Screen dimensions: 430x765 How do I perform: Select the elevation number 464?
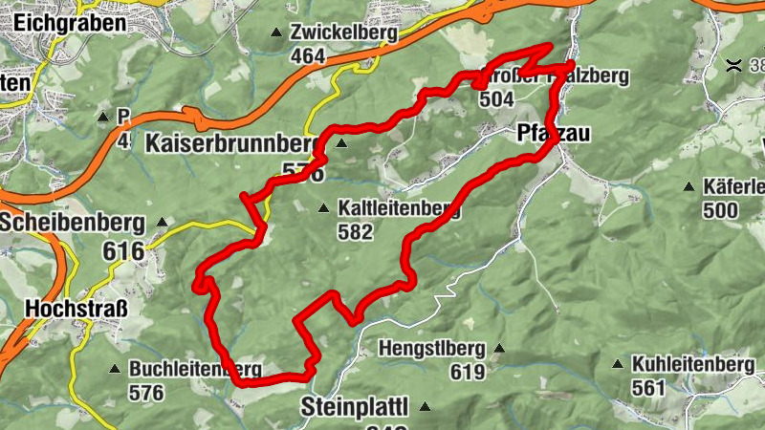308,56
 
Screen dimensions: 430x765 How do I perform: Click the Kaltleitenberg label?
398,207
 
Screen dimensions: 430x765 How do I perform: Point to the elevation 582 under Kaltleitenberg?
354,230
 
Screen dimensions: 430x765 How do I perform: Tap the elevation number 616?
125,251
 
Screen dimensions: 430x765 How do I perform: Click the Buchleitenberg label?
195,369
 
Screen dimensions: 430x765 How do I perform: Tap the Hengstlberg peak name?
431,349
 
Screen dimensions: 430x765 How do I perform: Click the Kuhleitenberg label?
692,365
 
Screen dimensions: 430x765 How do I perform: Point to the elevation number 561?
648,388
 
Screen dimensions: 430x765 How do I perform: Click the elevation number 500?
719,209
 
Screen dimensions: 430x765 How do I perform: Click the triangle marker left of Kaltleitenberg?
323,207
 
